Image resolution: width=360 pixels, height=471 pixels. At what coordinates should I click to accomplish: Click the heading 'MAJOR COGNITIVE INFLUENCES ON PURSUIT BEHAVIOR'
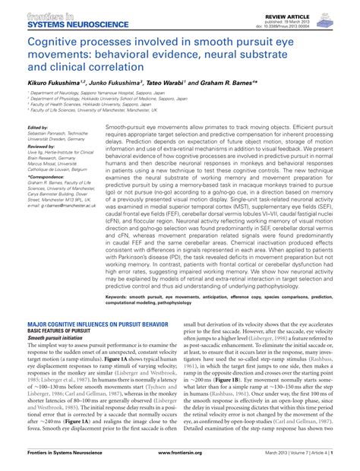point(97,324)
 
